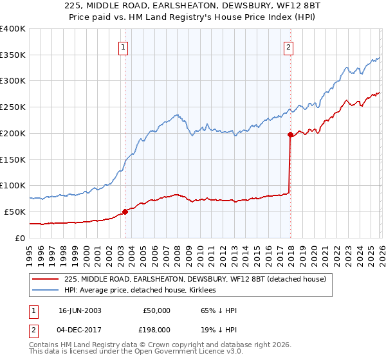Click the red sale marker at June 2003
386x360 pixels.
tap(125, 212)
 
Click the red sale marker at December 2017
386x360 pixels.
tap(290, 134)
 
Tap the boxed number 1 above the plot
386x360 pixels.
tap(123, 46)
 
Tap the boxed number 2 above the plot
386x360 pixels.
tap(288, 46)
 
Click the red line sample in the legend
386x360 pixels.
tap(46, 279)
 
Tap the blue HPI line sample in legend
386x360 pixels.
tap(46, 291)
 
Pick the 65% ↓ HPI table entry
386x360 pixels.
tap(219, 310)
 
